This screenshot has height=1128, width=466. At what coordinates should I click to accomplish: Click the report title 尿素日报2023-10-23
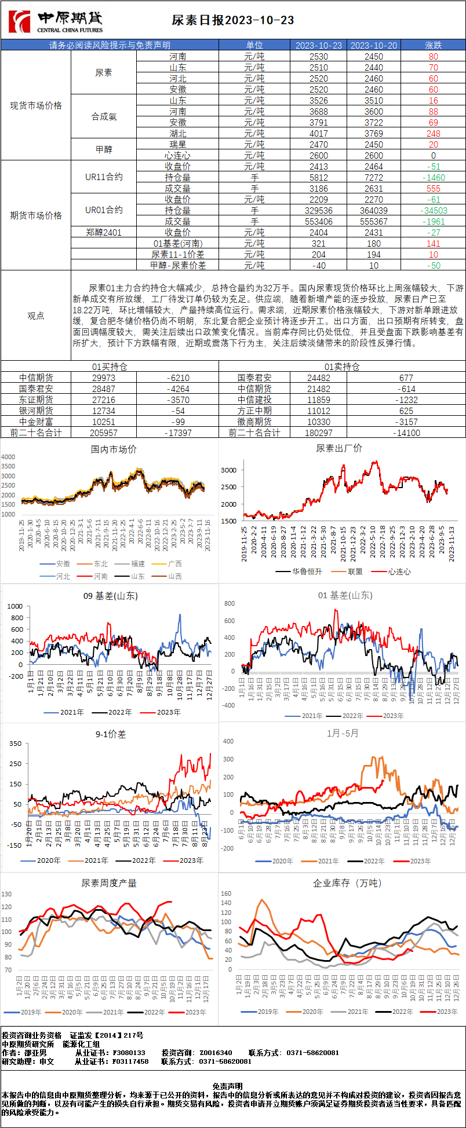point(233,21)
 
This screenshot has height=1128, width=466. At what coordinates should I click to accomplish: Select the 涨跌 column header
point(433,45)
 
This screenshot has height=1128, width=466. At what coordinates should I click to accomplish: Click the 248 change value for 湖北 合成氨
point(433,133)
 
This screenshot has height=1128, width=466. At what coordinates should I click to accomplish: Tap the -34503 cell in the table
point(433,211)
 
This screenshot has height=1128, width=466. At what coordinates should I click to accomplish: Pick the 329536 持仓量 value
point(318,211)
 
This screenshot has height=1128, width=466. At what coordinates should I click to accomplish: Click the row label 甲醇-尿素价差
point(178,265)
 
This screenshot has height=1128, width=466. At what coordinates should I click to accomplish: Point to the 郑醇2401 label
point(104,232)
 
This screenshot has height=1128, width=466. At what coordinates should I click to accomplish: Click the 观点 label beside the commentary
point(36,316)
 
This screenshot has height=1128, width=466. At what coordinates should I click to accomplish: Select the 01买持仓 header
point(110,367)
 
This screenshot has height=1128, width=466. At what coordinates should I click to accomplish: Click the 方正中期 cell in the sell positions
point(254,411)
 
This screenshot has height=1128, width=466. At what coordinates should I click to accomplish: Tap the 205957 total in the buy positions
point(104,433)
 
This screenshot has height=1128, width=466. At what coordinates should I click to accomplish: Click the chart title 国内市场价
point(114,449)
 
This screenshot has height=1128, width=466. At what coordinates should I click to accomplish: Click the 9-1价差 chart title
point(111,734)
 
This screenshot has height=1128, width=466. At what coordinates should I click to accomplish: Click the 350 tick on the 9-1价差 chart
point(15,744)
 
